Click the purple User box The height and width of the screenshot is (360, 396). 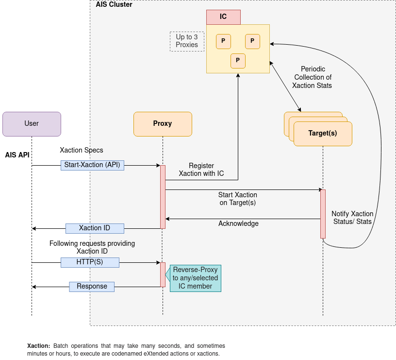point(32,124)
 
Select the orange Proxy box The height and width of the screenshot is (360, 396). point(163,124)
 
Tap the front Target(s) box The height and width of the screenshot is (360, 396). point(323,134)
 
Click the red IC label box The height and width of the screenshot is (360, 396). point(223,17)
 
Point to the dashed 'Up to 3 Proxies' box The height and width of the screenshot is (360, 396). point(187,41)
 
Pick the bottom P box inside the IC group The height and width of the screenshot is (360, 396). point(238,61)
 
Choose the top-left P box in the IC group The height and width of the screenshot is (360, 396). point(223,41)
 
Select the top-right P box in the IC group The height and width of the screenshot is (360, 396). point(252,41)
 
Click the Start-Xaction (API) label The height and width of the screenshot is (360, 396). point(92,165)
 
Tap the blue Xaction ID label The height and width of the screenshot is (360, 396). point(95,228)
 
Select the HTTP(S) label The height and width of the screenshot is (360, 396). point(90,262)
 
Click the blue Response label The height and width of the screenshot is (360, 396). point(92,287)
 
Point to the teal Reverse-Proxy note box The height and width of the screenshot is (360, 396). point(196,278)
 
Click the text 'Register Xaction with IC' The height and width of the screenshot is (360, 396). point(201,170)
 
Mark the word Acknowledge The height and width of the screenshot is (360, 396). point(238,224)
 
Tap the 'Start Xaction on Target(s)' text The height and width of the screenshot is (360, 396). point(238,199)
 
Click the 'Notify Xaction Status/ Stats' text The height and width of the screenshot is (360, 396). point(352,218)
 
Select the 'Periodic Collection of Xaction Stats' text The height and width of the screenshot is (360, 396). point(313,77)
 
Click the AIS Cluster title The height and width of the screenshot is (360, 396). point(114,5)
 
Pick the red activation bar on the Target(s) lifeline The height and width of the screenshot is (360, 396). point(323,214)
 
